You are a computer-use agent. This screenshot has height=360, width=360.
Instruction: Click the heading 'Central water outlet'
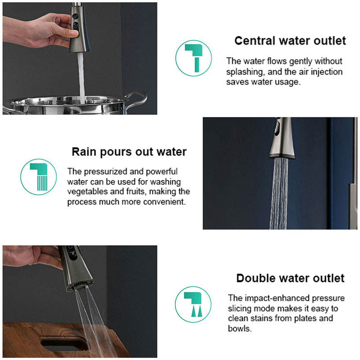[x=290, y=41]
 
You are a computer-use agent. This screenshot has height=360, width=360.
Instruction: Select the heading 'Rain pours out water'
[x=129, y=152]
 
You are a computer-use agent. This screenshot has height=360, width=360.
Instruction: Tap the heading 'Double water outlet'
[x=290, y=278]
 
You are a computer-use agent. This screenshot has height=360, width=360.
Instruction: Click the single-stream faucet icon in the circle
[x=193, y=58]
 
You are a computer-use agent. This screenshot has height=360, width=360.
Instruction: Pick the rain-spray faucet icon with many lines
[x=39, y=177]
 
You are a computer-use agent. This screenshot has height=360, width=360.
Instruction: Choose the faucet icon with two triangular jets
[x=193, y=305]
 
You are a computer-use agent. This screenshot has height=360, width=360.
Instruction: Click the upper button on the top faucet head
[x=75, y=16]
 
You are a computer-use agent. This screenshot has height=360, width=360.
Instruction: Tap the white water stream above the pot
[x=81, y=77]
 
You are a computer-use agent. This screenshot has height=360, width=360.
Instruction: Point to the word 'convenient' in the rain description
[x=164, y=202]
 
